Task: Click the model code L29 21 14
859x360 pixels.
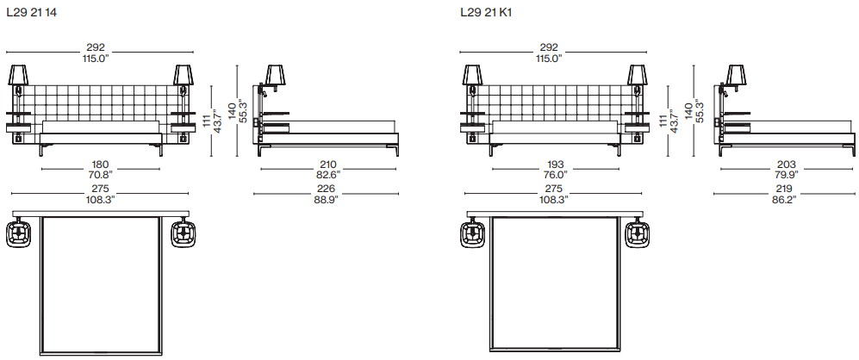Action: click(32, 13)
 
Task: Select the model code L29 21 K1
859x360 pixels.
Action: click(486, 13)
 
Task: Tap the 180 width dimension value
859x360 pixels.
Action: click(100, 164)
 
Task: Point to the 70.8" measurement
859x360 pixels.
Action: click(100, 176)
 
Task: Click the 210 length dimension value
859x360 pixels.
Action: click(328, 164)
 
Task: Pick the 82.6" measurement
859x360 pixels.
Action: click(327, 176)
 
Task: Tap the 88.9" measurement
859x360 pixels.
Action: click(327, 200)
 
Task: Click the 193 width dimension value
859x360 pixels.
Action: click(555, 164)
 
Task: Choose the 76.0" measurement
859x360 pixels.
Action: click(555, 176)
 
